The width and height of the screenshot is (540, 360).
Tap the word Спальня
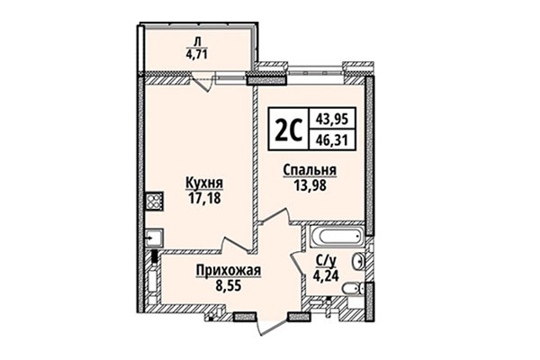click(309, 171)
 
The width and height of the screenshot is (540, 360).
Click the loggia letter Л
click(198, 39)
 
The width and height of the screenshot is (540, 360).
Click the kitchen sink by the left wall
click(153, 238)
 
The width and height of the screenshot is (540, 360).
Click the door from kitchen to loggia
click(204, 83)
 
